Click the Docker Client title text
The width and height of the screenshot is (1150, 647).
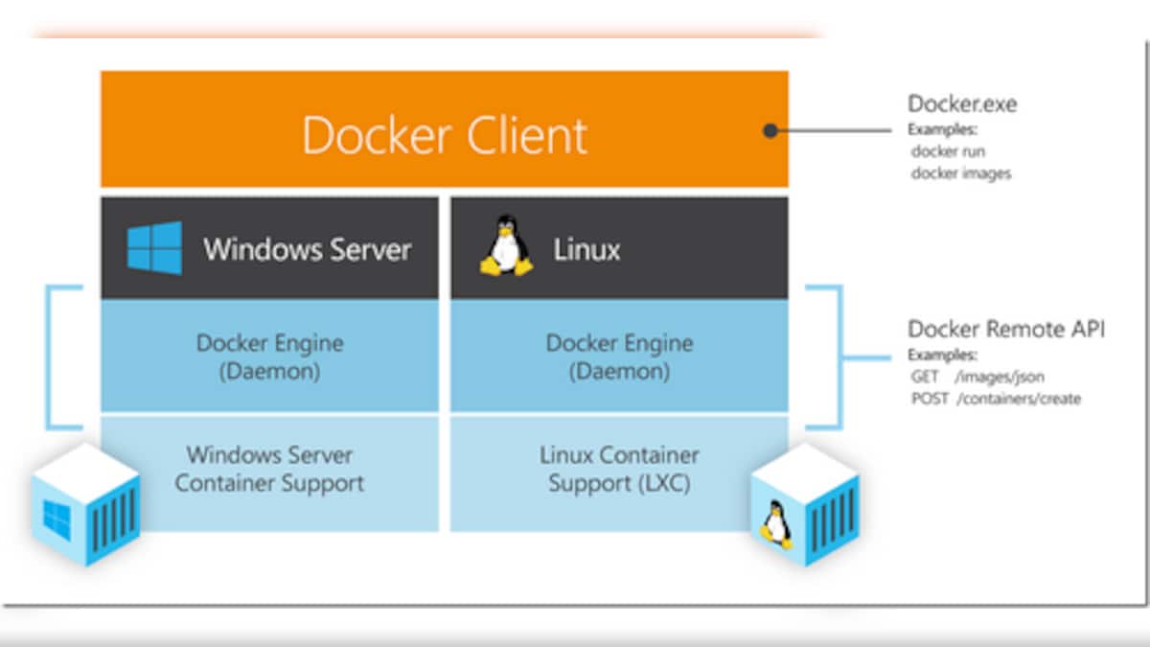tap(445, 135)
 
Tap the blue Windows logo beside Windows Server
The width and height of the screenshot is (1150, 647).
tap(154, 248)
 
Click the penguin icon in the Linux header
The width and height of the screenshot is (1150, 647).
tap(506, 248)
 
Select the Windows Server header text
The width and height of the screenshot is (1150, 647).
tap(307, 250)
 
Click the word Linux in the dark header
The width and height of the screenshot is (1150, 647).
tap(586, 250)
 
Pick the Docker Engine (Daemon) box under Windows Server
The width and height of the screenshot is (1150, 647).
tap(269, 357)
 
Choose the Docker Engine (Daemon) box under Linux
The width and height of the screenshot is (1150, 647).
tap(619, 357)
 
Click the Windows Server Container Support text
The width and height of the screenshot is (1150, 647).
tap(269, 469)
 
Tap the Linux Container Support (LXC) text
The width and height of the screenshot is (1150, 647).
tap(619, 469)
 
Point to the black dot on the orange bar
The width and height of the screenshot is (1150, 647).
tap(770, 130)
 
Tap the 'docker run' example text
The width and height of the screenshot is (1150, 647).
tap(948, 151)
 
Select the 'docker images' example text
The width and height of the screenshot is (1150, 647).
tap(960, 173)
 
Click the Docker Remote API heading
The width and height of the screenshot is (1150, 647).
tap(1006, 330)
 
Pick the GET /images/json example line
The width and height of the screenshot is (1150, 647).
tap(977, 378)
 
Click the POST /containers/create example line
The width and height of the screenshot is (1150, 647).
tap(996, 399)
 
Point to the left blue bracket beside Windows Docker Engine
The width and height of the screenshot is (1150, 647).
tap(50, 357)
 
